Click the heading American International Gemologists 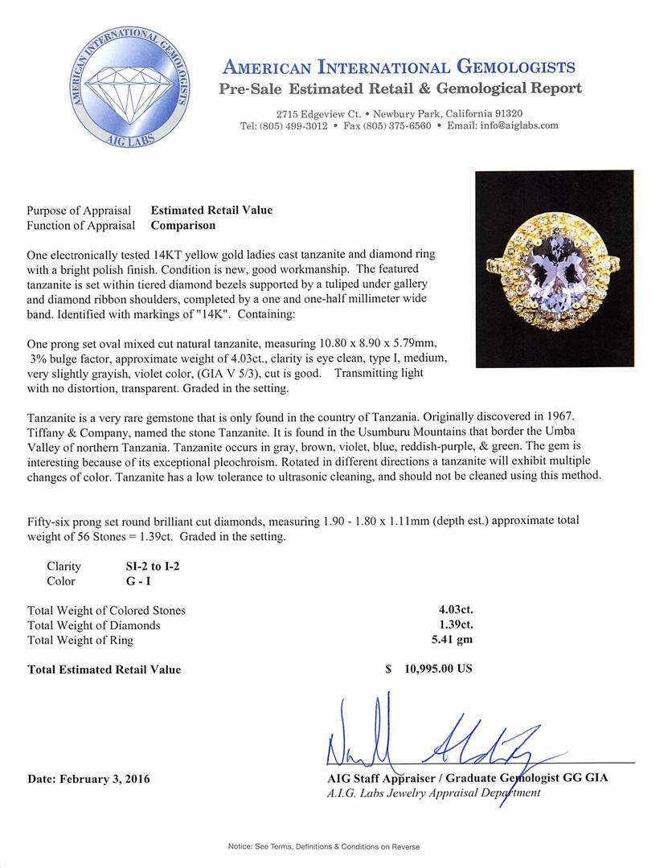pyautogui.click(x=398, y=67)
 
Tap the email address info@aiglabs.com pyautogui.click(x=514, y=126)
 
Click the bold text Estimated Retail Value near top pyautogui.click(x=211, y=211)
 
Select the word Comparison pyautogui.click(x=182, y=226)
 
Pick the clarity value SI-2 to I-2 pyautogui.click(x=147, y=566)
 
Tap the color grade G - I pyautogui.click(x=127, y=581)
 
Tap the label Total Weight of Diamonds pyautogui.click(x=94, y=625)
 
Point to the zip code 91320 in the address pyautogui.click(x=507, y=113)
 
